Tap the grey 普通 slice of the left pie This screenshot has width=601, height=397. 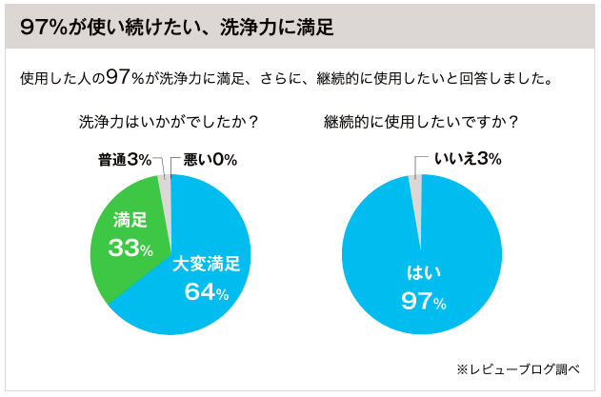click(165, 189)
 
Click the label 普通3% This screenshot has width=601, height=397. click(124, 158)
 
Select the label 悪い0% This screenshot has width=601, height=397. click(210, 158)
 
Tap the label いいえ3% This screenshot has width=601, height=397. click(468, 158)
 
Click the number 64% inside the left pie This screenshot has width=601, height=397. click(207, 292)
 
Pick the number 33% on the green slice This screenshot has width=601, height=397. click(131, 249)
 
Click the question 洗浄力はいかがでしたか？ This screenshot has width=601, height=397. click(169, 123)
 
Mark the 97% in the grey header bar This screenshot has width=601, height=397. click(40, 27)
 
